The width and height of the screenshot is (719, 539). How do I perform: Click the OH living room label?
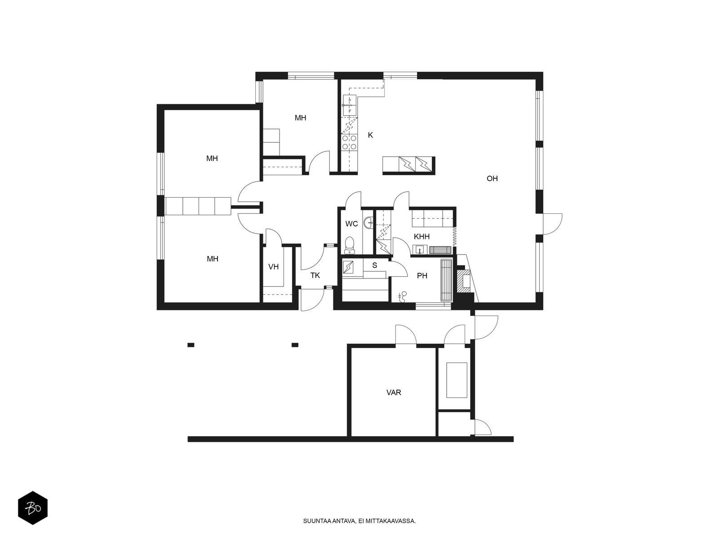pyautogui.click(x=492, y=178)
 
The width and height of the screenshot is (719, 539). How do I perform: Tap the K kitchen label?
pyautogui.click(x=370, y=135)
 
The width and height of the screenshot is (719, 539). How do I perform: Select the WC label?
pyautogui.click(x=351, y=224)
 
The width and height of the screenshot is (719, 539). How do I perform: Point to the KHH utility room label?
pyautogui.click(x=422, y=237)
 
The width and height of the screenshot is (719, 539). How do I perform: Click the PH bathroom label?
pyautogui.click(x=422, y=276)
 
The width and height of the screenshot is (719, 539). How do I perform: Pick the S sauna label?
pyautogui.click(x=375, y=265)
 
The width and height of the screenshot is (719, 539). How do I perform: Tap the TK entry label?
pyautogui.click(x=315, y=275)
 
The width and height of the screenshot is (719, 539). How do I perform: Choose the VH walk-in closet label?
pyautogui.click(x=274, y=267)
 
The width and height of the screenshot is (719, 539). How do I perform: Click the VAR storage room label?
pyautogui.click(x=393, y=393)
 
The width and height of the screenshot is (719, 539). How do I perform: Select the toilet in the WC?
pyautogui.click(x=350, y=245)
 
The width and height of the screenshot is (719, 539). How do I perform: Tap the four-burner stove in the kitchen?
pyautogui.click(x=349, y=142)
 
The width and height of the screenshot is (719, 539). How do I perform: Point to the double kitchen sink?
pyautogui.click(x=350, y=105)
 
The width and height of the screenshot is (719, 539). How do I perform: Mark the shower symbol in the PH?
pyautogui.click(x=403, y=296)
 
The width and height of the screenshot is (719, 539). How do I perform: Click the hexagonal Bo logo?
pyautogui.click(x=33, y=508)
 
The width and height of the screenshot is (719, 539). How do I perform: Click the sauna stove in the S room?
pyautogui.click(x=348, y=267)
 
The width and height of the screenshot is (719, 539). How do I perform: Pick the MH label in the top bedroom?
pyautogui.click(x=300, y=118)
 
